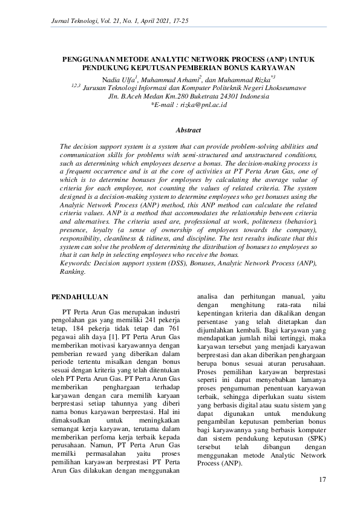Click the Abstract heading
[x=188, y=130]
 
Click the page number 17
[x=322, y=479]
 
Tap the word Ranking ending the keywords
[x=73, y=272]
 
